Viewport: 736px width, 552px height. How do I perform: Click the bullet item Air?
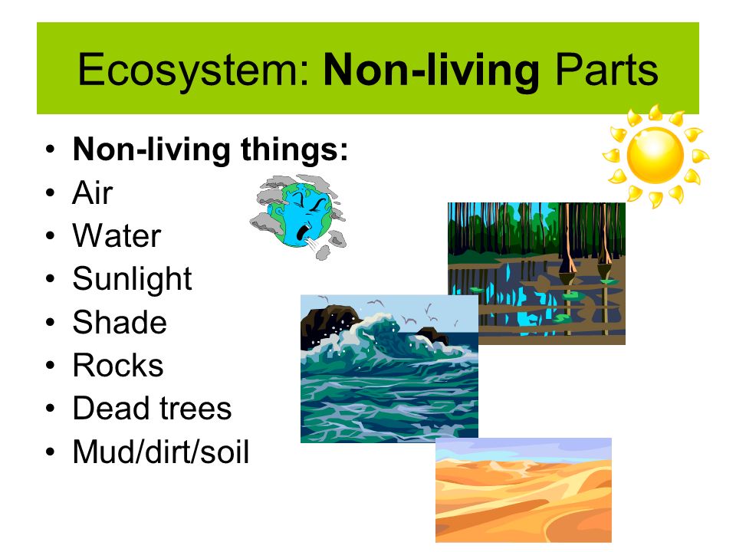tap(92, 193)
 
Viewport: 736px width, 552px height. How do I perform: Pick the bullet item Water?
tap(117, 236)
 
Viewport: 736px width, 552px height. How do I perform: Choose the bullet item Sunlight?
tap(132, 279)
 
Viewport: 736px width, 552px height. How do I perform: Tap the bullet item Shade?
tap(120, 322)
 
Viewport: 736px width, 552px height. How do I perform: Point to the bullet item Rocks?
tap(118, 366)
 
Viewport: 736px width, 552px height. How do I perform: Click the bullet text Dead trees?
tap(152, 409)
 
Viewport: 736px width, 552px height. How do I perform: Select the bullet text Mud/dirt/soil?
tap(161, 452)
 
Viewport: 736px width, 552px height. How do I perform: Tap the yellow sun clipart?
tap(655, 156)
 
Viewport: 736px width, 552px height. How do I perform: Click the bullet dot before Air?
tap(50, 193)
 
